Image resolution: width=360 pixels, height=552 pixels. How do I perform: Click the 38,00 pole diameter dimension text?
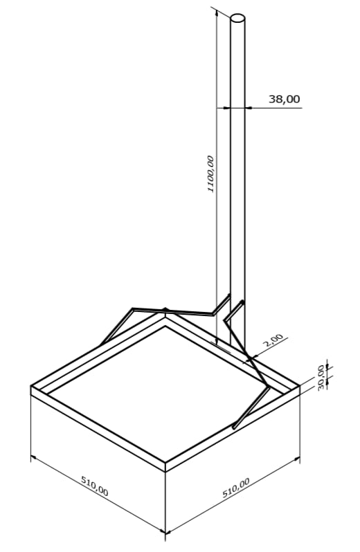284,99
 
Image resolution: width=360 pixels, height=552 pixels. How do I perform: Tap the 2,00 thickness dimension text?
274,340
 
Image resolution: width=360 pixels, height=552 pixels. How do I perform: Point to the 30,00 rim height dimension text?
321,376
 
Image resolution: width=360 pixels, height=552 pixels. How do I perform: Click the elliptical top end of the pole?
237,19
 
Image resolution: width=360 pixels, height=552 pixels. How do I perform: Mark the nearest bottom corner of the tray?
165,533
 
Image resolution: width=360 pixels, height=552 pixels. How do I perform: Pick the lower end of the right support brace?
235,427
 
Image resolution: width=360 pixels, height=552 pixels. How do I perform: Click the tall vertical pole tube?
237,173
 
